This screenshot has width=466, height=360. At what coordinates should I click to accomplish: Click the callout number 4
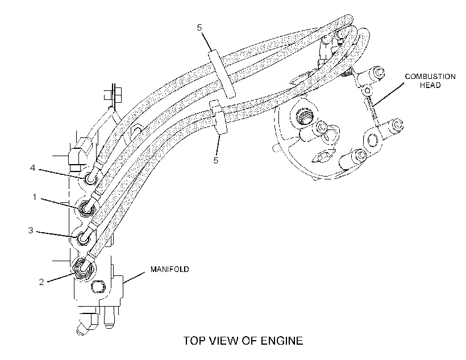pyautogui.click(x=33, y=168)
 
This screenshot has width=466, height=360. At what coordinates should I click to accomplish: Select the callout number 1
pyautogui.click(x=35, y=197)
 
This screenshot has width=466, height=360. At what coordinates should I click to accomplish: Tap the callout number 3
pyautogui.click(x=31, y=231)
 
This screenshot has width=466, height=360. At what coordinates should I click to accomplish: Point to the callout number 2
pyautogui.click(x=41, y=282)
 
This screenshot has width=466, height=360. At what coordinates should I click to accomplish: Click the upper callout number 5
pyautogui.click(x=199, y=28)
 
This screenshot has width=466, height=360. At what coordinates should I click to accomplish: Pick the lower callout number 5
pyautogui.click(x=216, y=160)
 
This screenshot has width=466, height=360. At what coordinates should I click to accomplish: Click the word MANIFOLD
pyautogui.click(x=170, y=269)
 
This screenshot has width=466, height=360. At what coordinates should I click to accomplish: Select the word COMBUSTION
pyautogui.click(x=430, y=77)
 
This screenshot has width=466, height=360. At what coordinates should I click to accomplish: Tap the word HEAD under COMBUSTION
pyautogui.click(x=430, y=85)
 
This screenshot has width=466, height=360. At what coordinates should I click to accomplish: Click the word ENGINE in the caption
pyautogui.click(x=282, y=341)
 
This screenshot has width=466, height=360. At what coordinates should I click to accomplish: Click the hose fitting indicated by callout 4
pyautogui.click(x=90, y=179)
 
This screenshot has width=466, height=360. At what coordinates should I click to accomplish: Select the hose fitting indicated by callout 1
pyautogui.click(x=86, y=208)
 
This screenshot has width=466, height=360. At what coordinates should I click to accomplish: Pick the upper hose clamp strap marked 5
pyautogui.click(x=222, y=74)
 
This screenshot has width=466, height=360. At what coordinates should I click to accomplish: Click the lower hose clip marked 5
pyautogui.click(x=218, y=118)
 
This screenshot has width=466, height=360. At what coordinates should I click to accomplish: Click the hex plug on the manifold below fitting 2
pyautogui.click(x=98, y=286)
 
